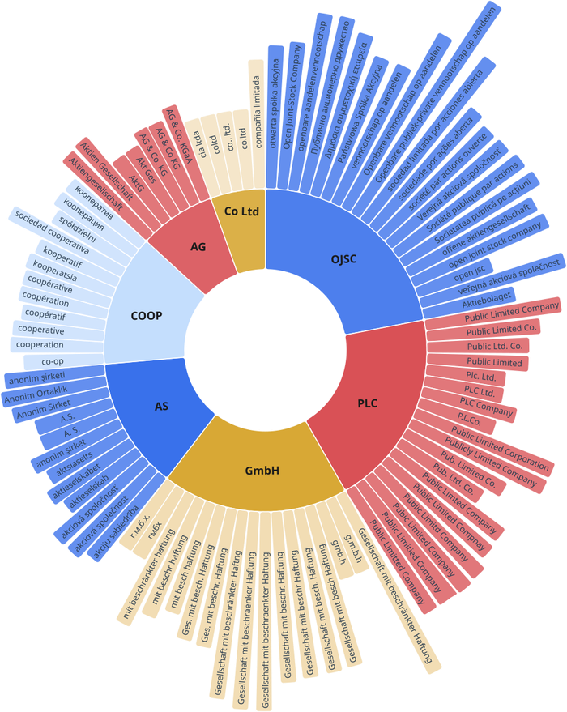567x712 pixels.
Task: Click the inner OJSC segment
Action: [x=344, y=259]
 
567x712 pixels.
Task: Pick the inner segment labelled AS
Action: [x=161, y=406]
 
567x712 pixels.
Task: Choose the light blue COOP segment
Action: [x=147, y=315]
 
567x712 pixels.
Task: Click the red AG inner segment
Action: [x=198, y=246]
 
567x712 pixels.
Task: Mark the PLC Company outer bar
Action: [x=486, y=403]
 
